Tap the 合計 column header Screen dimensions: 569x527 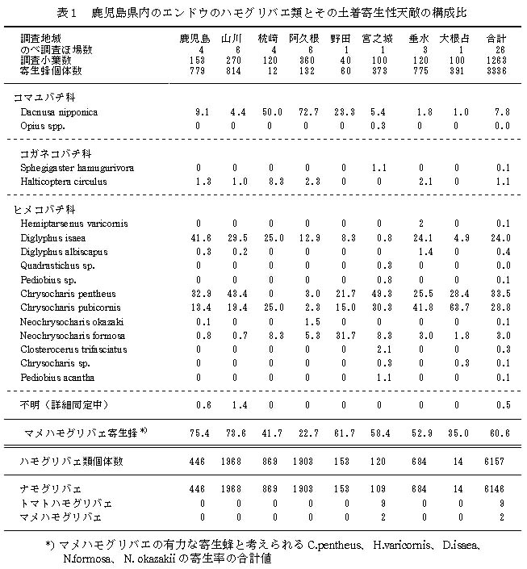(496, 38)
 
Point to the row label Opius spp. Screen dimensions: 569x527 (44, 126)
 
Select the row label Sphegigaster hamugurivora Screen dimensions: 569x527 (77, 167)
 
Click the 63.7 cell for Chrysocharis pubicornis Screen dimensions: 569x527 (456, 307)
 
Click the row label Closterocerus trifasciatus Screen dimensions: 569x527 (76, 349)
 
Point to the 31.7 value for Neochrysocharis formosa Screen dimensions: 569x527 (342, 335)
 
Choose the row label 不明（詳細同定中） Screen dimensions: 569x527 (65, 404)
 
